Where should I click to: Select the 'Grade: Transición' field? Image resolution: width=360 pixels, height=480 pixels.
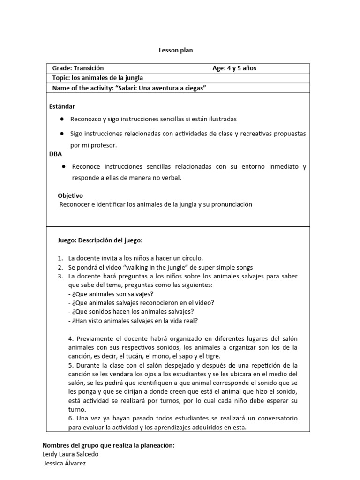pos(78,68)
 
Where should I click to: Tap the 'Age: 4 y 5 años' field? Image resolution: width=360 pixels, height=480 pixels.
pos(234,68)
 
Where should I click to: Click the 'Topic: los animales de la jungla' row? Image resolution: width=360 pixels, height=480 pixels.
pos(97,78)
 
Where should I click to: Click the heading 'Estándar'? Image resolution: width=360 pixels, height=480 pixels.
pos(62,107)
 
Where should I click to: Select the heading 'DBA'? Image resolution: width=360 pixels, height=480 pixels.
pos(55,154)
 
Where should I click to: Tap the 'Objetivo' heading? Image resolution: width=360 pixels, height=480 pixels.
pos(70,195)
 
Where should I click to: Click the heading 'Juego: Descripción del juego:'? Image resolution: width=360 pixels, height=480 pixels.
pos(100,240)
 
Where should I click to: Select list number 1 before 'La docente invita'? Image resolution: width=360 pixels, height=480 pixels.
pos(60,258)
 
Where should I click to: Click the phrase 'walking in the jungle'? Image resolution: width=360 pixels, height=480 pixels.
pos(157,267)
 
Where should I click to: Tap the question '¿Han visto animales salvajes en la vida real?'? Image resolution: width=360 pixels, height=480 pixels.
pos(133,321)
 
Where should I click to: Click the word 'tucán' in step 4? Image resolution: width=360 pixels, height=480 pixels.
pos(118,356)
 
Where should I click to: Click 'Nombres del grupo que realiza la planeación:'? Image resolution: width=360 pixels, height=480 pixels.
pos(108,445)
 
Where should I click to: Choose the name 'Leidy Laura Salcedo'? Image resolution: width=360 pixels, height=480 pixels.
pos(71,454)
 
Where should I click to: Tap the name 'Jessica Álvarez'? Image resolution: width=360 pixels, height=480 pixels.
pos(65,464)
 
